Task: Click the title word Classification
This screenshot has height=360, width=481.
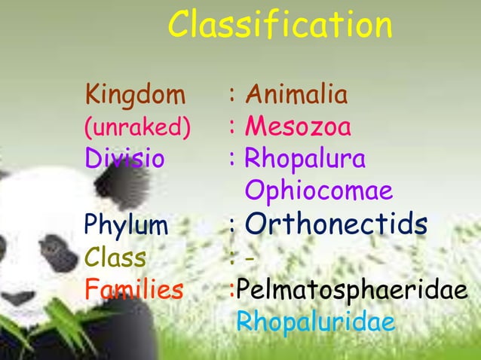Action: [x=280, y=26]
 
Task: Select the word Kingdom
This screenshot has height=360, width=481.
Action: [x=135, y=96]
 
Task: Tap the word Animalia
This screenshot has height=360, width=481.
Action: [x=297, y=96]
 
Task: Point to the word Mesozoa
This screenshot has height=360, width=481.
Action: [x=298, y=127]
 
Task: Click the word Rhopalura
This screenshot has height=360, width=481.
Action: [x=305, y=160]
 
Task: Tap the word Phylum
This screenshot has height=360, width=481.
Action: [x=127, y=224]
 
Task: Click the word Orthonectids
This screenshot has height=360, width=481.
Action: [x=336, y=223]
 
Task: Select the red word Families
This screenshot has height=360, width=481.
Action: [x=134, y=288]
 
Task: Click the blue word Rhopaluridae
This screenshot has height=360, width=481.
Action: [x=315, y=322]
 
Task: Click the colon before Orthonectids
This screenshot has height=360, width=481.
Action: [x=234, y=225]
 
